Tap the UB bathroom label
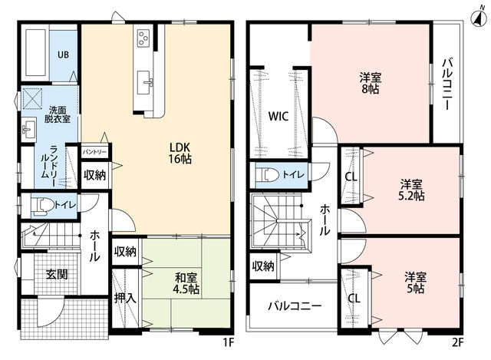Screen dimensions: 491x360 click(x=63, y=54)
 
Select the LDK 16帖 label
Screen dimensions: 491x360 click(x=180, y=153)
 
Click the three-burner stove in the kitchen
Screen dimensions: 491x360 click(x=144, y=38)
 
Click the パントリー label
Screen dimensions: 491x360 click(x=94, y=152)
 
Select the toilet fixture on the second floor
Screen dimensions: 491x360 click(x=268, y=174)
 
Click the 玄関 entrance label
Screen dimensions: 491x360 click(x=57, y=274)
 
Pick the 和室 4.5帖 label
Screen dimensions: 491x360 click(x=186, y=283)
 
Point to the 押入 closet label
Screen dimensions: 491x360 click(x=125, y=298)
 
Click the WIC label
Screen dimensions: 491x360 click(x=278, y=116)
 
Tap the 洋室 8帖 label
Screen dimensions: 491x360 click(x=371, y=83)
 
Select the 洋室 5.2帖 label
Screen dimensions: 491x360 click(x=411, y=190)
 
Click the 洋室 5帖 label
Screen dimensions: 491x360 click(x=415, y=282)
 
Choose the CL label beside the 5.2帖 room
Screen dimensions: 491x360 click(x=351, y=177)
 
